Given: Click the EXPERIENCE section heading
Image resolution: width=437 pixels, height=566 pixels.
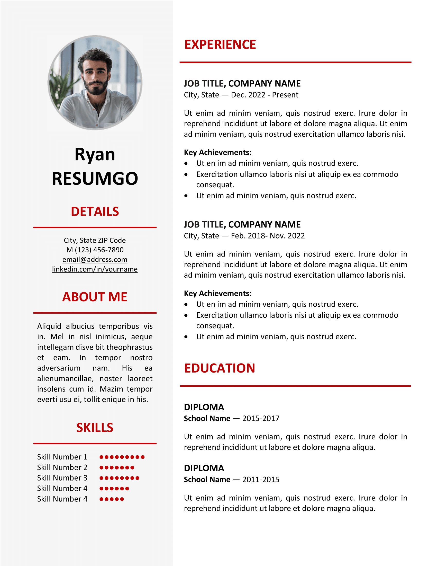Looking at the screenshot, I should (220, 45).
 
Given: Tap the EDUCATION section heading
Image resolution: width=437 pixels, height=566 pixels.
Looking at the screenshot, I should (220, 368).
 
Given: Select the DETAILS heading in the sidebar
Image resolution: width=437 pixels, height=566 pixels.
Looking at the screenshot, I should (95, 211).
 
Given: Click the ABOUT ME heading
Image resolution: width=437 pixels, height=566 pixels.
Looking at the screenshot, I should (95, 297).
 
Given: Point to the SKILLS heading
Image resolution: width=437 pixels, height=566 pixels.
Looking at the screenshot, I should (95, 428).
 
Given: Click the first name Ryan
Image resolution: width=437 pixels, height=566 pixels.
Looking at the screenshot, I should (95, 154).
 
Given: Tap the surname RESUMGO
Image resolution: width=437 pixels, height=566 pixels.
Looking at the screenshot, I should (95, 179).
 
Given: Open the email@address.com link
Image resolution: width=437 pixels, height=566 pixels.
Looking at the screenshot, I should (95, 259).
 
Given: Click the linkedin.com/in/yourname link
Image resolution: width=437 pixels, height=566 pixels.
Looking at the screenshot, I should (95, 269).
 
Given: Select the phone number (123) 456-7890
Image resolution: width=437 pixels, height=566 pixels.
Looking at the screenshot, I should (99, 250).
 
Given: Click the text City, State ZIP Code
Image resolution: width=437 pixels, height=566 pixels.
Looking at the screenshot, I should (95, 240).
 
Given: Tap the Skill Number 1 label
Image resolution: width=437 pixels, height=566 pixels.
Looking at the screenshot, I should (62, 457).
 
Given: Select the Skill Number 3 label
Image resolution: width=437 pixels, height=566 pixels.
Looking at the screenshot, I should (62, 478).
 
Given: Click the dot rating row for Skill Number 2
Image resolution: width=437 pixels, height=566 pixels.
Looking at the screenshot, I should (117, 468).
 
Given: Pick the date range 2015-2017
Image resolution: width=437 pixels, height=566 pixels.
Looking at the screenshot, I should (261, 419).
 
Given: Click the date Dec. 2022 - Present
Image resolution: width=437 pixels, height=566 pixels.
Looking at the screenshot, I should (265, 95).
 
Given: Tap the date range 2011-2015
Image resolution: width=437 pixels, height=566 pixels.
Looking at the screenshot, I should (261, 480).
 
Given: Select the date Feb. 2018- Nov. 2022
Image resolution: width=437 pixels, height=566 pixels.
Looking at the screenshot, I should (268, 236).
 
